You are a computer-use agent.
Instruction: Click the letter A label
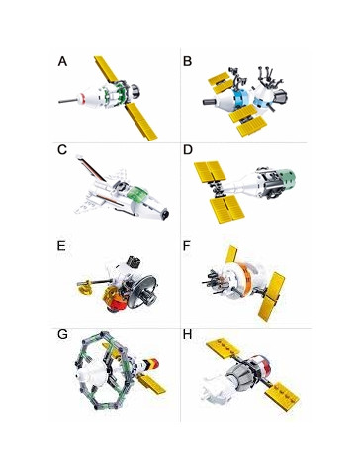(62, 61)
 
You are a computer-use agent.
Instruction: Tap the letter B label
(187, 61)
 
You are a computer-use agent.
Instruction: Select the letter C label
(62, 150)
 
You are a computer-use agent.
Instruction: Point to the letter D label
(187, 150)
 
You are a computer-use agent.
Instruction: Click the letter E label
(61, 246)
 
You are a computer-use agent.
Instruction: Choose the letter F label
(187, 246)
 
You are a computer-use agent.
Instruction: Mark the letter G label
(62, 334)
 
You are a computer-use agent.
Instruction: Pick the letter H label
(187, 334)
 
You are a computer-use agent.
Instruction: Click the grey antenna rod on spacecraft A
(68, 100)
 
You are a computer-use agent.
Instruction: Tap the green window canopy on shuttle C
(136, 193)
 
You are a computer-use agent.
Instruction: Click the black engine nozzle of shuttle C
(165, 215)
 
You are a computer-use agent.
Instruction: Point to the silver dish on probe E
(142, 292)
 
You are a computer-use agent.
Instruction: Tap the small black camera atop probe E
(134, 262)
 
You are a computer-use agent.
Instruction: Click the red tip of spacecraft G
(156, 364)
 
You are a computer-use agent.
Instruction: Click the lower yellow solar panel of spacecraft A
(141, 122)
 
